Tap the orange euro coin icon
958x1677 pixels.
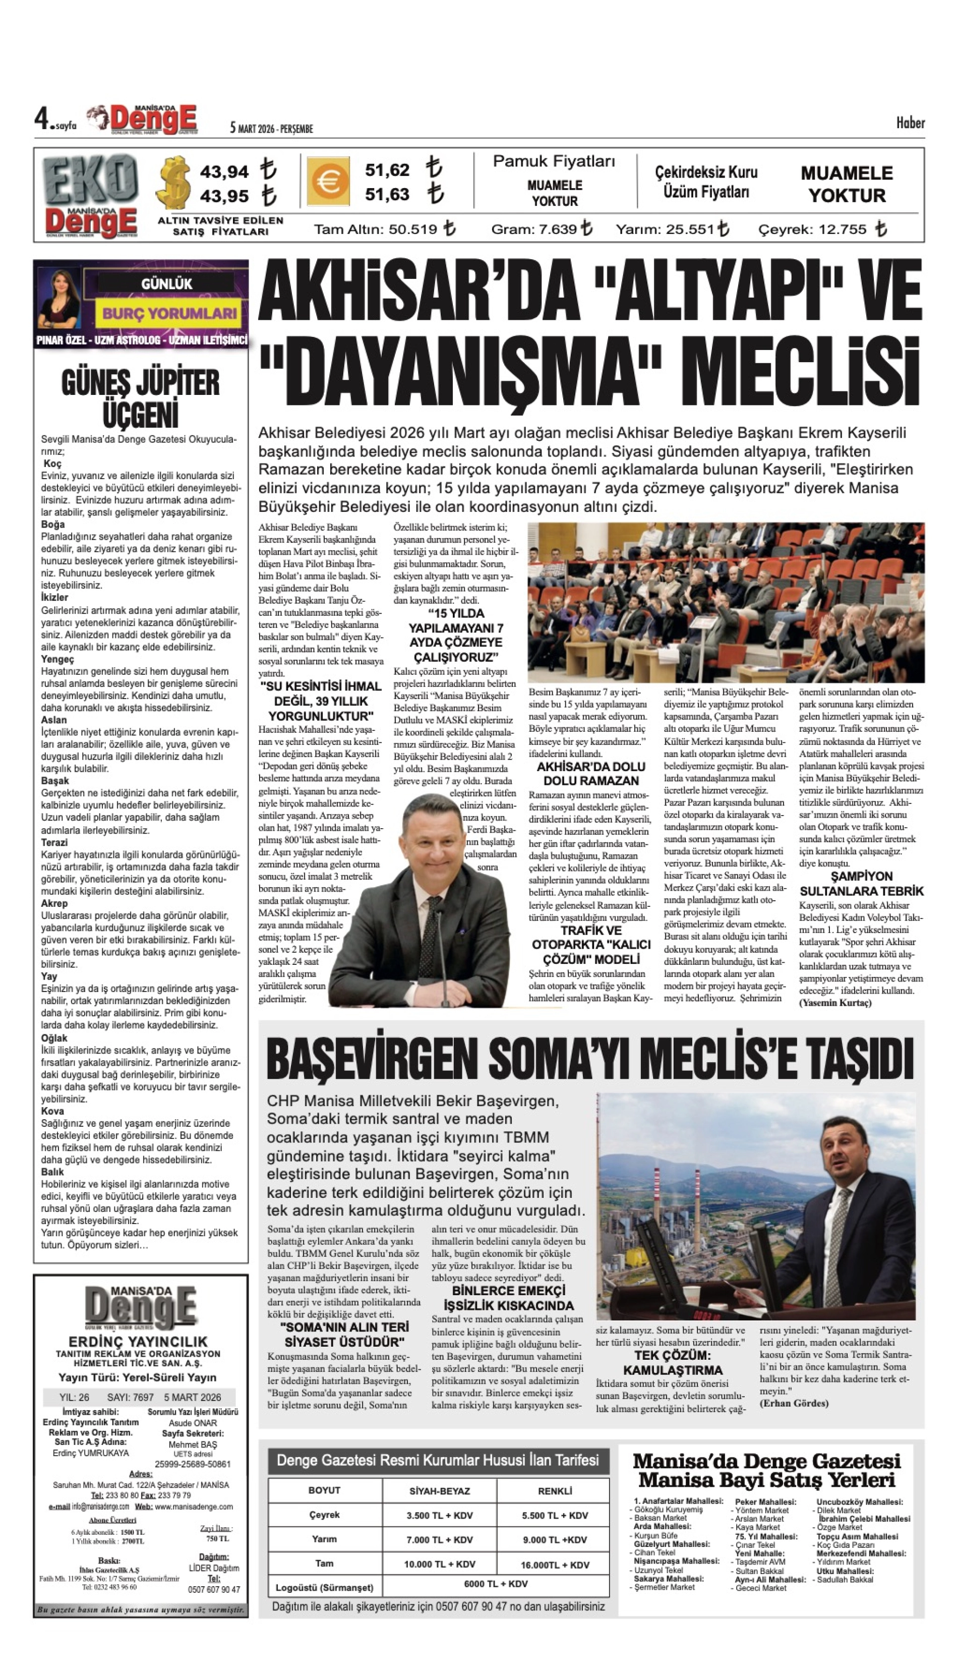pyautogui.click(x=328, y=181)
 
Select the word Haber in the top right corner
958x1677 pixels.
pyautogui.click(x=910, y=123)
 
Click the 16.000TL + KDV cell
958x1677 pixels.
pyautogui.click(x=555, y=1565)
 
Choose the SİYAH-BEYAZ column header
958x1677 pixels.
pyautogui.click(x=440, y=1491)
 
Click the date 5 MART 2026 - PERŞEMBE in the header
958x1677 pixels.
pyautogui.click(x=271, y=129)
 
